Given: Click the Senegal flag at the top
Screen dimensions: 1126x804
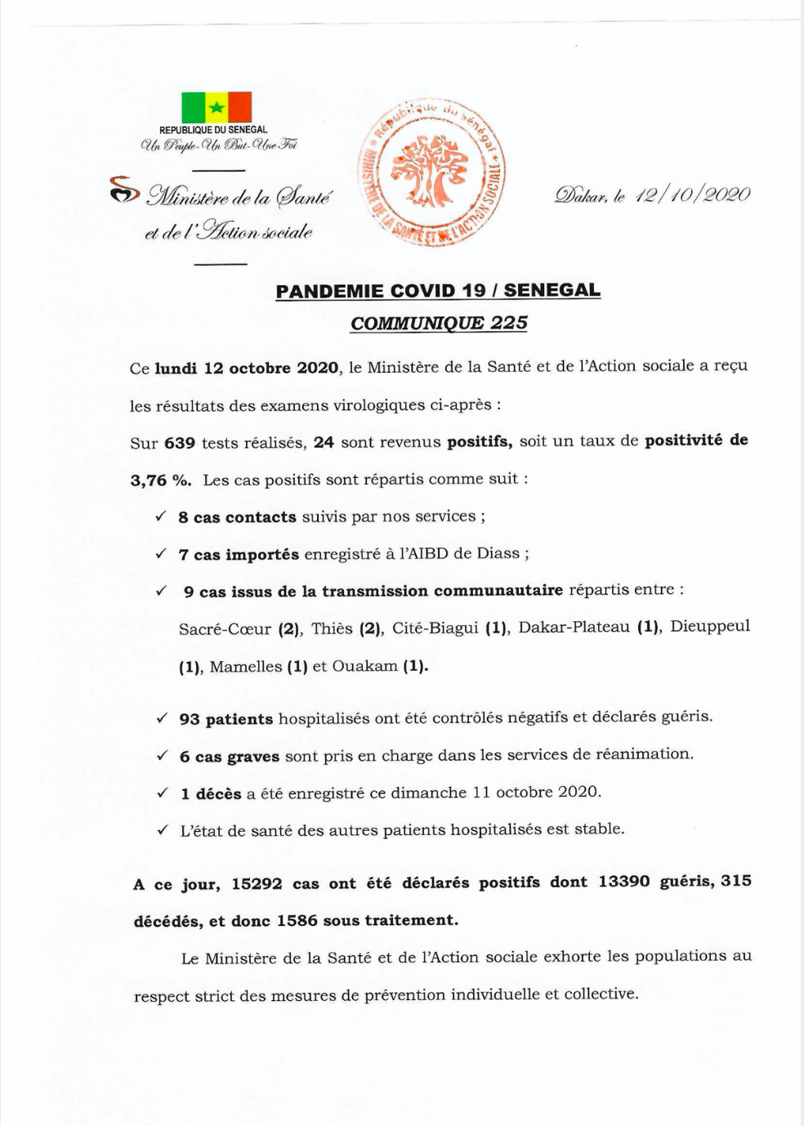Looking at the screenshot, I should point(217,107).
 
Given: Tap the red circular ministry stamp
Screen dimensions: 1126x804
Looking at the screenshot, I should point(431,174).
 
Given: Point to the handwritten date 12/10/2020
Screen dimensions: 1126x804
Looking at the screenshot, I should point(692,194).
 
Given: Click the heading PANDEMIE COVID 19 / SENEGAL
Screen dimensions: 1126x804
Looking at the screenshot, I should point(438,291).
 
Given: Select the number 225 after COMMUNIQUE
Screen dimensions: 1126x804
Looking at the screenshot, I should point(509,323).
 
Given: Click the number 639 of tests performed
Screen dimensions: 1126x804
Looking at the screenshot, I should point(180,443).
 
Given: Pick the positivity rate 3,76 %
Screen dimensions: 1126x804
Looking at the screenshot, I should point(161,480).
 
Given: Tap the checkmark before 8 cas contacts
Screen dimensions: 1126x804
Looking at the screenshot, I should point(161,516).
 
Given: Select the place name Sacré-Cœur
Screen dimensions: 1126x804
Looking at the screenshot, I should point(225,628).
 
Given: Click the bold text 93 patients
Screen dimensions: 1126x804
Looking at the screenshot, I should point(226,719).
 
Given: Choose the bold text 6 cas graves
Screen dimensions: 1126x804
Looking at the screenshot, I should point(230,757).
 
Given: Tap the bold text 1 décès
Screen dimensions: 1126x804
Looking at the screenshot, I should point(211,793).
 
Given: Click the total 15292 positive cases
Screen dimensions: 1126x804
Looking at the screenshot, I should point(257,883).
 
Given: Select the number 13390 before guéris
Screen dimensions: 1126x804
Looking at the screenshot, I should point(624,882).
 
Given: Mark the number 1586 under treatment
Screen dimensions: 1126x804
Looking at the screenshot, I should point(297,921).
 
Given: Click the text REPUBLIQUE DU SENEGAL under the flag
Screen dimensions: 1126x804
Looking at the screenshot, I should point(213,130).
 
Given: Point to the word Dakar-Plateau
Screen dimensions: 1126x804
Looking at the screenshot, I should point(574,628).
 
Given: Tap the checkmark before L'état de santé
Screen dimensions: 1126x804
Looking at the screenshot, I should point(163,830).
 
